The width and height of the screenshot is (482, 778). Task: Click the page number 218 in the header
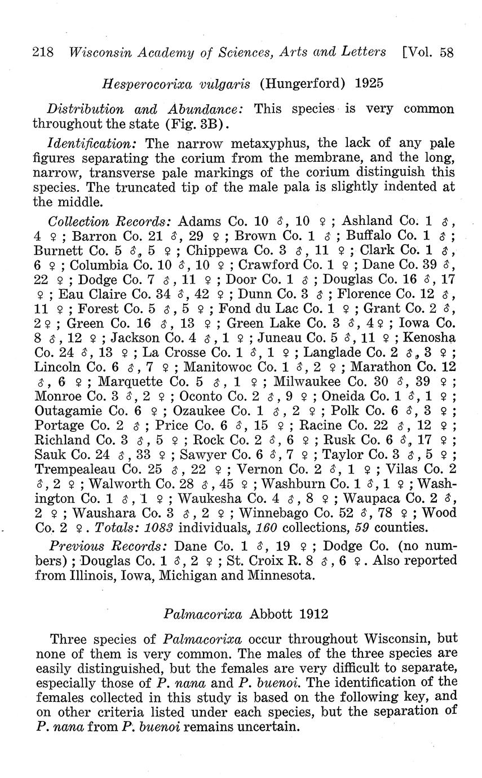coord(43,52)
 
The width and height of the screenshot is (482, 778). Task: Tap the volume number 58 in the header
coord(447,52)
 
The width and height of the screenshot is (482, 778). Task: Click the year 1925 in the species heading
coord(369,83)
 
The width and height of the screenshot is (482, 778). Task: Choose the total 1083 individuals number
coord(159,528)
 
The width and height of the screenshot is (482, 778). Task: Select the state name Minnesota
coord(268,576)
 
